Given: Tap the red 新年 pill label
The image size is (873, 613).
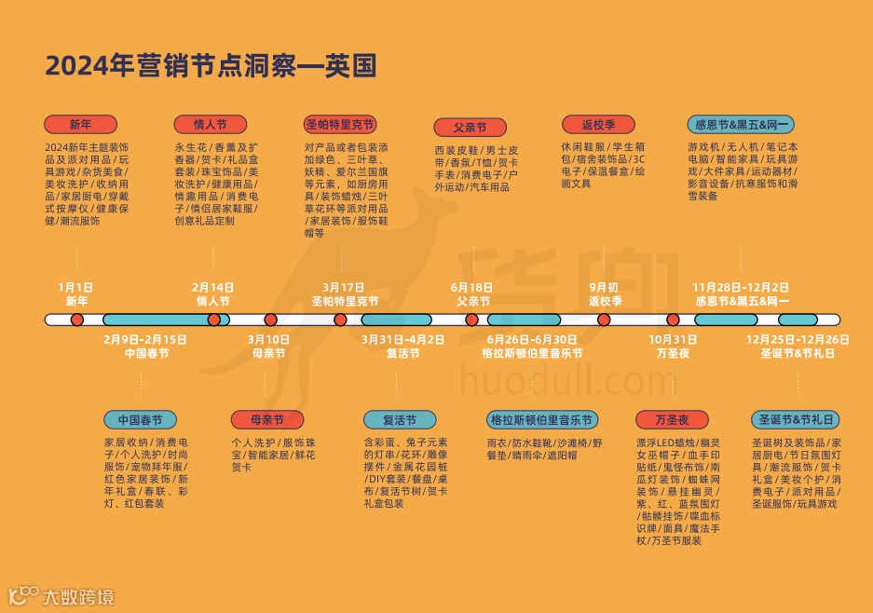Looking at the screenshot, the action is (x=80, y=125).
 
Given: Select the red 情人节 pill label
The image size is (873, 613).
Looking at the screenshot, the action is (x=210, y=125).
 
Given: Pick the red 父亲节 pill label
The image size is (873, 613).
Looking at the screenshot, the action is (x=471, y=128).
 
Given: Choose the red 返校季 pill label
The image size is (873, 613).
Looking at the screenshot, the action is (x=598, y=125).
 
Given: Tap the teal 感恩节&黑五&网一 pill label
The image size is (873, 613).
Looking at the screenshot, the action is (x=741, y=125).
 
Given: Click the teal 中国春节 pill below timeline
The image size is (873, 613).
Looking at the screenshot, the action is (x=140, y=421).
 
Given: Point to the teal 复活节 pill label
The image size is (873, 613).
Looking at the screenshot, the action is (x=399, y=421).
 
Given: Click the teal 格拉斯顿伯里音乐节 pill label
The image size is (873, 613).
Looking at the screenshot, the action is (x=541, y=421).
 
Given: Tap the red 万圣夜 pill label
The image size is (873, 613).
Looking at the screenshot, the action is (x=671, y=421).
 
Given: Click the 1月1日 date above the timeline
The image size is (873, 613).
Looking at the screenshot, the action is (x=76, y=287).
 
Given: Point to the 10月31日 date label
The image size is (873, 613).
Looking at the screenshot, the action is (x=673, y=339).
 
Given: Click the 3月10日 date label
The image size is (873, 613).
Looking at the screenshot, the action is (x=268, y=339).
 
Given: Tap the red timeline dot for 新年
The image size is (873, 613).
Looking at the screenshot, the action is (x=77, y=320).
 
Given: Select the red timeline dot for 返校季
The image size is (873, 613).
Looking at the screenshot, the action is (x=604, y=320).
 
